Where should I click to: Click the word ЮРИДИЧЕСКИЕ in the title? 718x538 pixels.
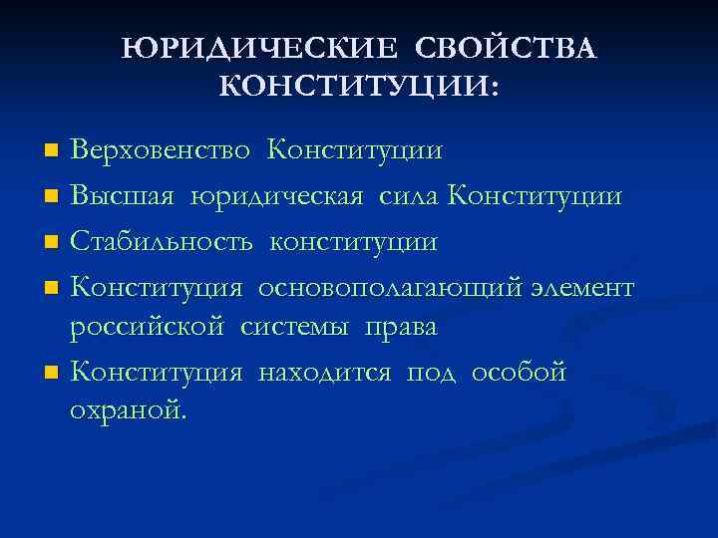click(258, 49)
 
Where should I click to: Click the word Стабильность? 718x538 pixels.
click(164, 241)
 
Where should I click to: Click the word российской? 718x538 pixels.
click(149, 327)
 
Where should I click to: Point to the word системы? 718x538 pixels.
click(292, 327)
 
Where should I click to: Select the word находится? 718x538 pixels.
click(327, 373)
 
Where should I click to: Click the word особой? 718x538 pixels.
click(519, 373)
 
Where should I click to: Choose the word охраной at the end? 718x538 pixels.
click(126, 411)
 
